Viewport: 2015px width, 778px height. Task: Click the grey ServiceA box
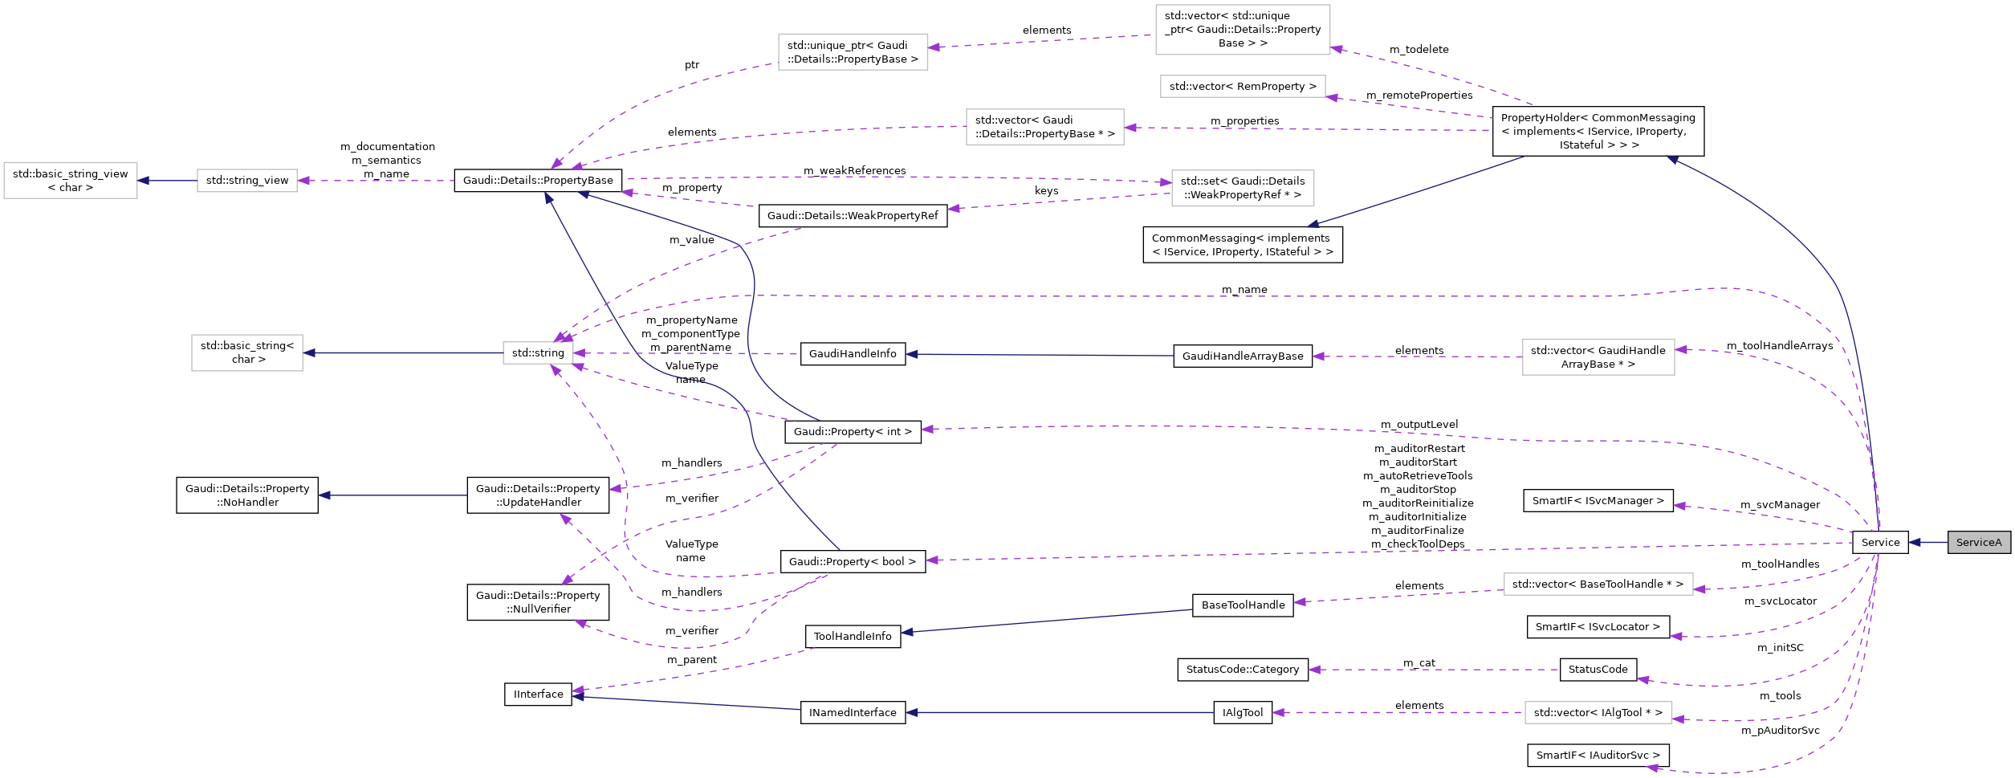click(1978, 542)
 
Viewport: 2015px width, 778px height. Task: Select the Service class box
click(1879, 542)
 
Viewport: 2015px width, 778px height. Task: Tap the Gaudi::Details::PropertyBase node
click(537, 180)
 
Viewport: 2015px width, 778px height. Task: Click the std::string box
click(538, 352)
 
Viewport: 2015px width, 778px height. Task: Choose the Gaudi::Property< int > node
click(852, 431)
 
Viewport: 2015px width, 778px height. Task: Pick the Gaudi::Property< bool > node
click(852, 561)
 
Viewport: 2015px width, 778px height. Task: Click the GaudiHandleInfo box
click(852, 353)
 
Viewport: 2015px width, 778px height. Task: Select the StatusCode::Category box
click(1242, 669)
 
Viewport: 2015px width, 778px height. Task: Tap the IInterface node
click(538, 694)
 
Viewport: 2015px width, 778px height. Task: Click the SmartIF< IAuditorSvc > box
click(1598, 755)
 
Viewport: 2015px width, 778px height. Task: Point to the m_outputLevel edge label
click(1419, 424)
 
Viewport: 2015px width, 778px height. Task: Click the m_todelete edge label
click(1419, 49)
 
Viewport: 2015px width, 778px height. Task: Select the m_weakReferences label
click(854, 170)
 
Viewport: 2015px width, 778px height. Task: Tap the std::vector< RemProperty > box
click(1242, 86)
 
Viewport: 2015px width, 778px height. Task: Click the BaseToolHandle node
click(1242, 605)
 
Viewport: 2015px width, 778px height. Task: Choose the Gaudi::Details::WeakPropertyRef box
click(852, 215)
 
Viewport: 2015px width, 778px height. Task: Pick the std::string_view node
click(246, 180)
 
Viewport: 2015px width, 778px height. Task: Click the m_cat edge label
click(1419, 662)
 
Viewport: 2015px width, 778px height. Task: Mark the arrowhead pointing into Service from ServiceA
click(1915, 542)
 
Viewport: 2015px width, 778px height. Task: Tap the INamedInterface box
click(852, 712)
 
